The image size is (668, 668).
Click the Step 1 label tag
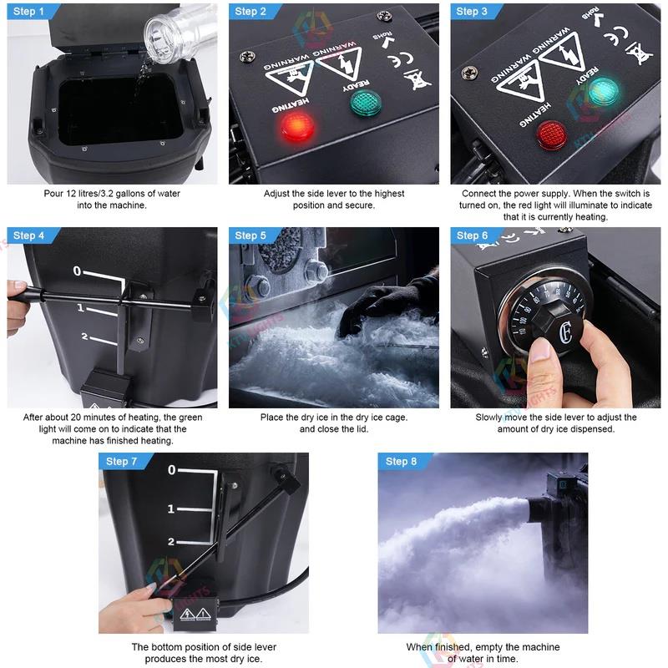(x=28, y=12)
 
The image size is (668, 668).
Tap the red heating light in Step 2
(x=294, y=126)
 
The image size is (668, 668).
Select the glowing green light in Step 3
(x=602, y=92)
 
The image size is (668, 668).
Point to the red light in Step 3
(x=551, y=134)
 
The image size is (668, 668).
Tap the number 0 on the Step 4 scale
(x=77, y=271)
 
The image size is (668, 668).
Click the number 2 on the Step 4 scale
(x=83, y=337)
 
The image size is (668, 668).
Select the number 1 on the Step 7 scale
(x=170, y=509)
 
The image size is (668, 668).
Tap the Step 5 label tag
(x=251, y=235)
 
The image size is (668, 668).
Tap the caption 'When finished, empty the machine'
(x=483, y=647)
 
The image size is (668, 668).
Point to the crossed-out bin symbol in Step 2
(x=412, y=80)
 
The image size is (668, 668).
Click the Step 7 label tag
(x=122, y=462)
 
